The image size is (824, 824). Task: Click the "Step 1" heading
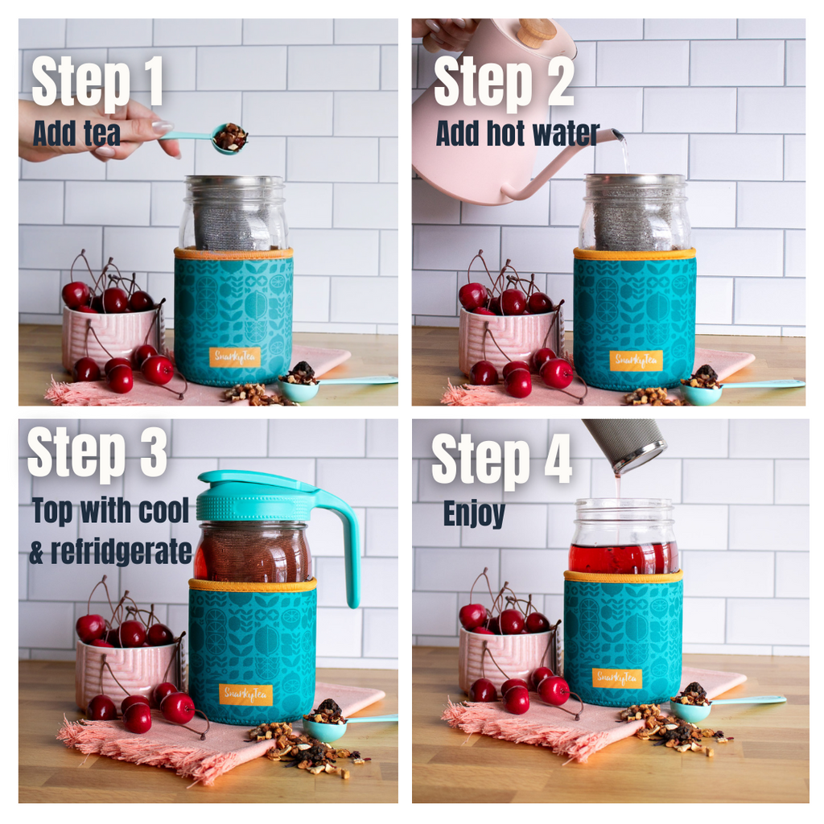97,81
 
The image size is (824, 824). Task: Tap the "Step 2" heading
504,81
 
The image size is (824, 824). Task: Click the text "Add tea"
76,134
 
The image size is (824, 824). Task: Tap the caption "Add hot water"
517,134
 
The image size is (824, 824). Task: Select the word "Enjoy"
474,513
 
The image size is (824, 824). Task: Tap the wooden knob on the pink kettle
538,31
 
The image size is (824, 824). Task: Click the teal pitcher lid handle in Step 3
342,539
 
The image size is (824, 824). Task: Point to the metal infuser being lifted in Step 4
625,444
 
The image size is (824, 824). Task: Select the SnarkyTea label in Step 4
616,678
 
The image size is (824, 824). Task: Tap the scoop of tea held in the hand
230,138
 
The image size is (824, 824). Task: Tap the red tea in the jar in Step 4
622,558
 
